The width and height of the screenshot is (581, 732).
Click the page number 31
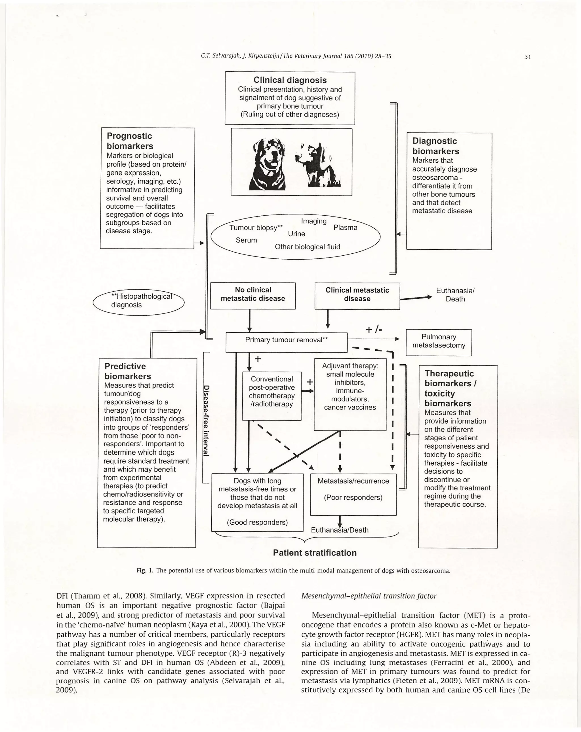coord(527,57)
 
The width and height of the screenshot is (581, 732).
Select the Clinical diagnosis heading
coord(290,80)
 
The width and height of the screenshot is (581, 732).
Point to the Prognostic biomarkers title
coord(130,141)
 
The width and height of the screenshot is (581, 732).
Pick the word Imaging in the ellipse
coord(313,221)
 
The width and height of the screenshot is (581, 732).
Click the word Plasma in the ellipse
coord(345,228)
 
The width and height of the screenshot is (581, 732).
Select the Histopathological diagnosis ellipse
coord(139,300)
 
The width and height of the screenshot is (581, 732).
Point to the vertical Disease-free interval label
coord(206,421)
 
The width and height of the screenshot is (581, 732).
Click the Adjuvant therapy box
coord(350,394)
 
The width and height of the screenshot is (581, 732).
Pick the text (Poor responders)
coord(353,497)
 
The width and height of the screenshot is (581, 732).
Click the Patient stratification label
coord(314,553)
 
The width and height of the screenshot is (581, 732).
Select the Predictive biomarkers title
coord(127,371)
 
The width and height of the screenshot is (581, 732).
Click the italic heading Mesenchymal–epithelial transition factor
coord(369,595)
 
